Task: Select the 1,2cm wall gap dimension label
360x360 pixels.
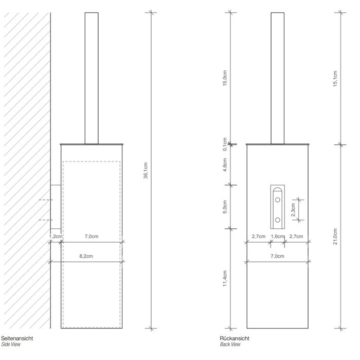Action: pos(56,237)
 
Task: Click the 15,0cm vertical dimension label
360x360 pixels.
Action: pos(225,78)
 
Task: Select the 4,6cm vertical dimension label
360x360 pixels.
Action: pos(225,168)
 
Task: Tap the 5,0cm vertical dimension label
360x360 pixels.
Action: pos(225,207)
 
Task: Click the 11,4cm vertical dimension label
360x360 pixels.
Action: pos(225,279)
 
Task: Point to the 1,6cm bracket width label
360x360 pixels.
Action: pos(277,237)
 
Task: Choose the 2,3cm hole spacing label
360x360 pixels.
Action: pos(294,210)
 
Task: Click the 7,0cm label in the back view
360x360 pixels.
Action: pos(277,256)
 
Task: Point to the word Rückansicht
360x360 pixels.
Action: pos(235,338)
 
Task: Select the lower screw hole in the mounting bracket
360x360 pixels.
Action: pos(278,220)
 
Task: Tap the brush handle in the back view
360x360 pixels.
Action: pos(278,77)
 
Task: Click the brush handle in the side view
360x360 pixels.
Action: pos(91,77)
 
